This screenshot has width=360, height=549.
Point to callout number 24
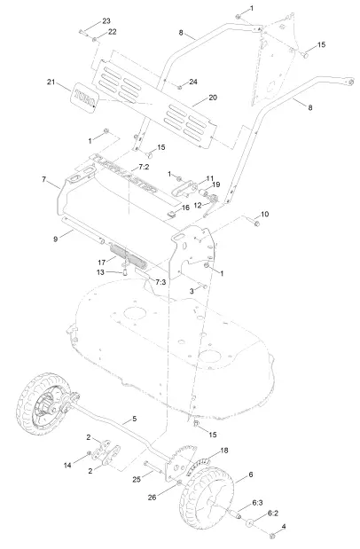[193, 82]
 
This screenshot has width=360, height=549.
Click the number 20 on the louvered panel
[212, 98]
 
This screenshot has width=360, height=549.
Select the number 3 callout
[192, 290]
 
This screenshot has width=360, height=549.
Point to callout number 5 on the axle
[134, 418]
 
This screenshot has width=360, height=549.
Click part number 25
[137, 480]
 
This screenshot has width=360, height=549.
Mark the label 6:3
[257, 503]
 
